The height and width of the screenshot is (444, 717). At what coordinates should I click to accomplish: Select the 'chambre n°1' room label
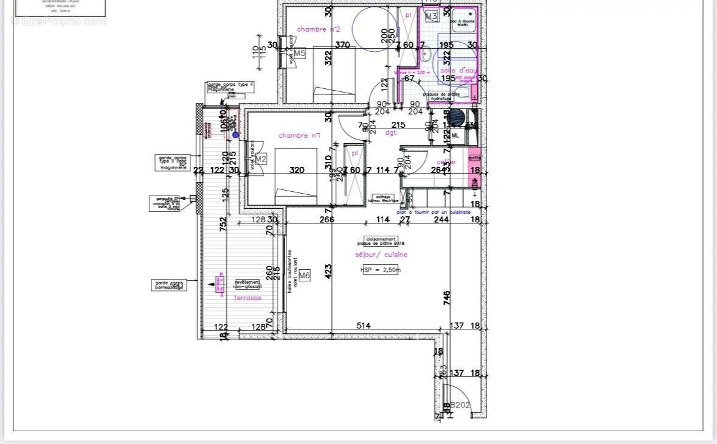point(299,135)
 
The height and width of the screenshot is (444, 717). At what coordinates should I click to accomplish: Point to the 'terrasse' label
point(248,298)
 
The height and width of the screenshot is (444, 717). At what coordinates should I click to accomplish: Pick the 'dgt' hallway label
point(390,132)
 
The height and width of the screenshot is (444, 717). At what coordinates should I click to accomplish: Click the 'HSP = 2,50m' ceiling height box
point(381,270)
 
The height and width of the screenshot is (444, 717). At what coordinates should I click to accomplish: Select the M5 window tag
point(300,54)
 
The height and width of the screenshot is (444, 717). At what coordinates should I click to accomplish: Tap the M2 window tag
point(261,160)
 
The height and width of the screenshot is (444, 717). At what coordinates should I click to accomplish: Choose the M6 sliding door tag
point(305,276)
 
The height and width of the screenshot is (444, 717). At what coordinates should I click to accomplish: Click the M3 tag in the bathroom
point(431,16)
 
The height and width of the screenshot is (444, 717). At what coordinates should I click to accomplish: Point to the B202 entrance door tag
point(460,405)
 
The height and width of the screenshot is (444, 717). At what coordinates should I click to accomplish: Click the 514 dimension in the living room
point(363,326)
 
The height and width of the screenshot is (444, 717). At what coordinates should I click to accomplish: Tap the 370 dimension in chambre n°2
point(342,44)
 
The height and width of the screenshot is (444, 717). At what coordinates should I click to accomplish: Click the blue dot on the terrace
point(235,135)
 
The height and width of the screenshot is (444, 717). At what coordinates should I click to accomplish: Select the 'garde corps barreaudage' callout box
point(170,285)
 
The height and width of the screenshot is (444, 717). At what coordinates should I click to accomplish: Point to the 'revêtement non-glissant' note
point(248,284)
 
